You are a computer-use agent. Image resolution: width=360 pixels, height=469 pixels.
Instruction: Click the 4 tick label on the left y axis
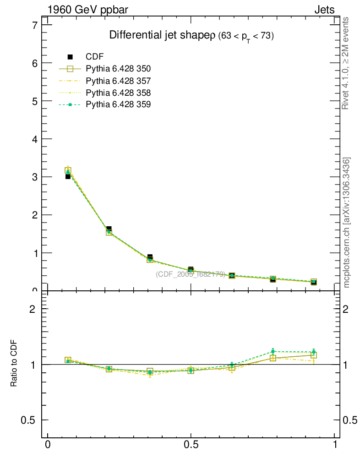(33, 139)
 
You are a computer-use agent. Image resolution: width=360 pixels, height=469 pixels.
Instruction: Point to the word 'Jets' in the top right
(324, 10)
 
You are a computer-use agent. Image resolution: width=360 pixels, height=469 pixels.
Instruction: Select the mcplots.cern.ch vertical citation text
(347, 223)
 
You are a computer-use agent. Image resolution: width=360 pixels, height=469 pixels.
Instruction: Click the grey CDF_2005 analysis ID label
(190, 274)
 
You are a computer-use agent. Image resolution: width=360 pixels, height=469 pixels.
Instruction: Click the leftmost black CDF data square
(68, 176)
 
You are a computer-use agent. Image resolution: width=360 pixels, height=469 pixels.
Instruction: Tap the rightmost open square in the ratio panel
(314, 354)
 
